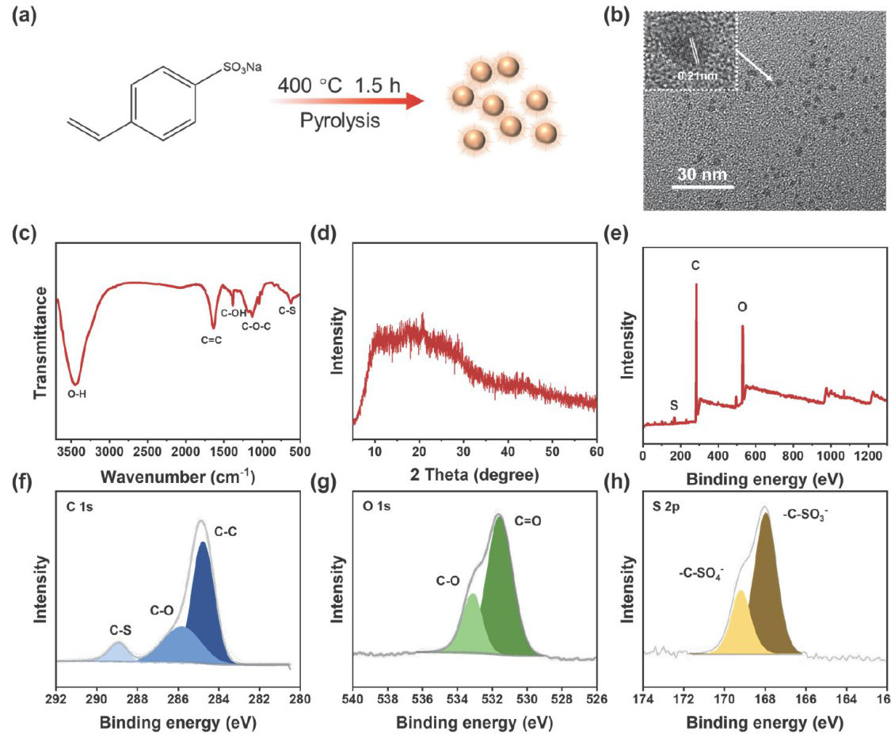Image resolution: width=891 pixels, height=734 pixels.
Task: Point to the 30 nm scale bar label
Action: pyautogui.click(x=700, y=174)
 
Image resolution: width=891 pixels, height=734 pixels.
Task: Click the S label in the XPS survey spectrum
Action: pyautogui.click(x=673, y=405)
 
